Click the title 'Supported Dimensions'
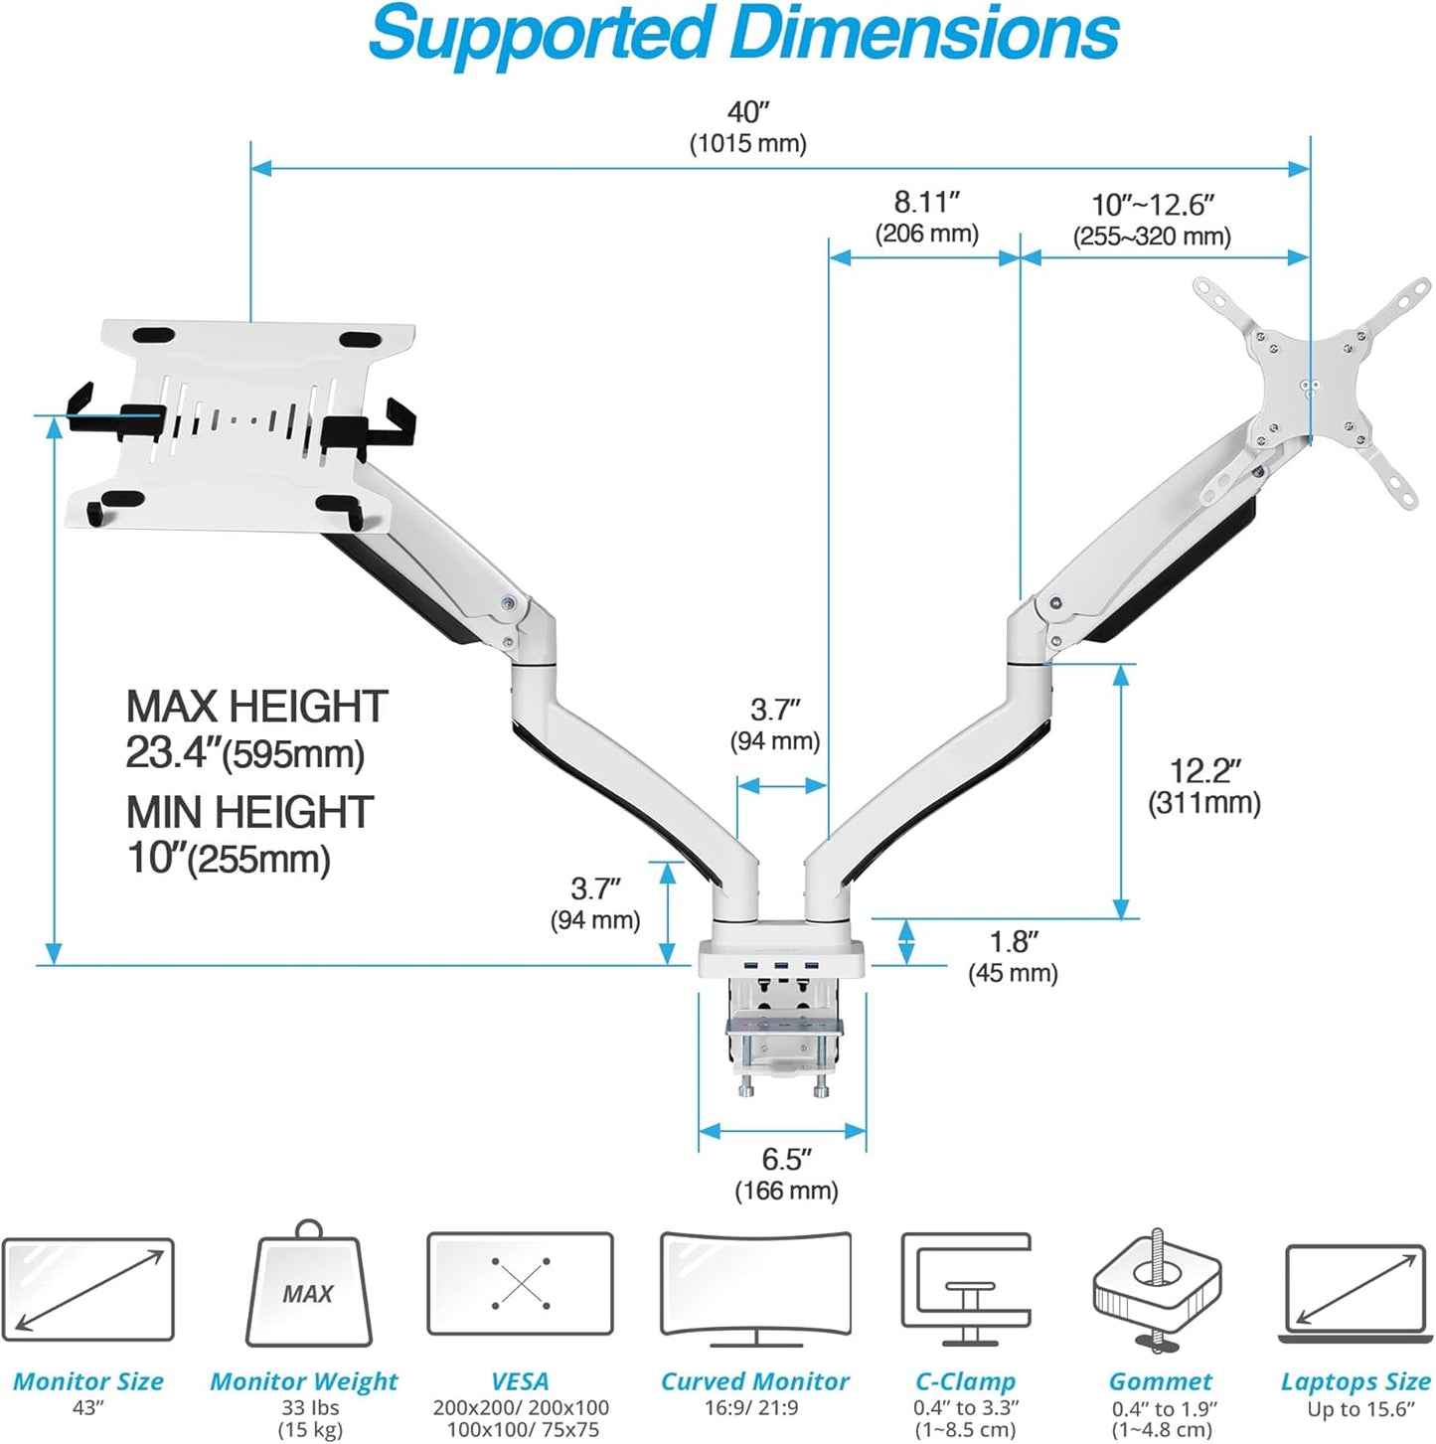[743, 35]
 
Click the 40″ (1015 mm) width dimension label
[747, 127]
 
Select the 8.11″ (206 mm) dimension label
[926, 217]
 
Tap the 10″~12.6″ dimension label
[1152, 220]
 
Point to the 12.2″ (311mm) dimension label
[1204, 786]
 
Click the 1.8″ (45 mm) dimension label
[1013, 956]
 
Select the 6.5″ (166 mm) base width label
[786, 1174]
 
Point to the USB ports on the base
[781, 965]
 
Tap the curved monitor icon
[755, 1286]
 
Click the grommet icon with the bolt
[1158, 1290]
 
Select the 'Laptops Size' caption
[1356, 1381]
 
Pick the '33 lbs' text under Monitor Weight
[310, 1408]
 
